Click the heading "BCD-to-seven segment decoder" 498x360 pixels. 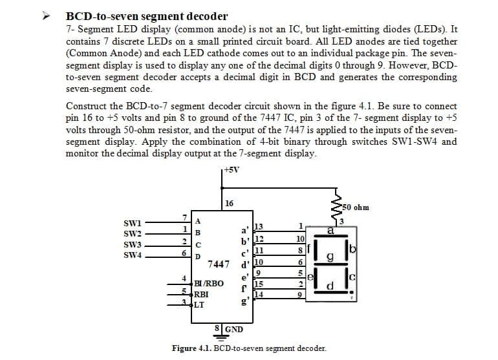coord(147,16)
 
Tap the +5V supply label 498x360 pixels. coord(231,170)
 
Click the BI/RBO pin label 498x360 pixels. coord(210,284)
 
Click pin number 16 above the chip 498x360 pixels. coord(230,204)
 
